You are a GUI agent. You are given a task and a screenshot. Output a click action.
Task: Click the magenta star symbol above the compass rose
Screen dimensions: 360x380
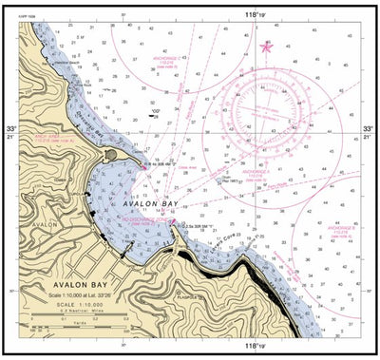click(266, 46)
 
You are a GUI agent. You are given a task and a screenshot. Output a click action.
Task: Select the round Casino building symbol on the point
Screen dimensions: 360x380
click(112, 154)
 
